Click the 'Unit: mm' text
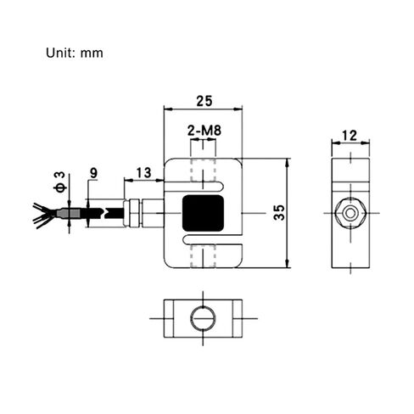click(75, 53)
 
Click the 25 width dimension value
click(204, 101)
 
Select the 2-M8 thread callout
click(204, 131)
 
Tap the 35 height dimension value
click(279, 212)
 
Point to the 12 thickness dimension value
click(350, 136)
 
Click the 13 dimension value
click(143, 173)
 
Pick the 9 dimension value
click(93, 173)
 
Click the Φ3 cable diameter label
click(60, 182)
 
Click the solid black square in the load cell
click(203, 213)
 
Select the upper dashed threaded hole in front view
click(204, 170)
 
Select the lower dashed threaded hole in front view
click(204, 256)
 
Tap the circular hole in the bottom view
click(203, 318)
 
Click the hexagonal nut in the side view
click(350, 213)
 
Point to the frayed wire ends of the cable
click(44, 215)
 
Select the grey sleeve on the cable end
click(69, 213)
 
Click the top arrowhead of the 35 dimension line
click(288, 162)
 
